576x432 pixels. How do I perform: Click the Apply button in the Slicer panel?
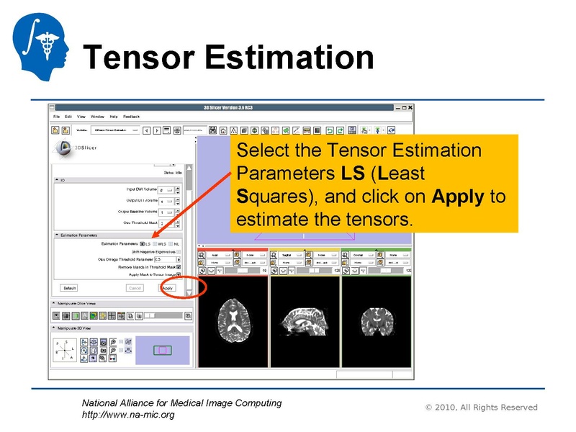167,287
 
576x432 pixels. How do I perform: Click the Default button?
69,287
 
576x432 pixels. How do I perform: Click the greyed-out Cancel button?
135,287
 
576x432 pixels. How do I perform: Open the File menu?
56,117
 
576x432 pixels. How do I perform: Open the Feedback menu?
131,117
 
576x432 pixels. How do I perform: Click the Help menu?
113,117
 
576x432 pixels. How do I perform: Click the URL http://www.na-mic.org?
128,415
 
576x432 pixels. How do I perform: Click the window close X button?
408,107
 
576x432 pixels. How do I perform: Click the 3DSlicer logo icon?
63,148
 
